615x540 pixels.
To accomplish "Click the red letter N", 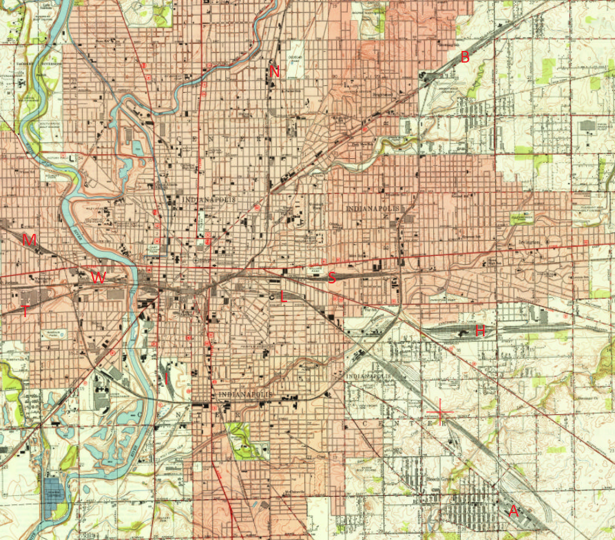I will point(275,71).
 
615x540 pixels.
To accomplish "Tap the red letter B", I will point(465,57).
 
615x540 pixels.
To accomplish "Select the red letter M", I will point(29,240).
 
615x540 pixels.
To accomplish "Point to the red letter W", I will point(98,277).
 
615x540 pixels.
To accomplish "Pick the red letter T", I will point(25,311).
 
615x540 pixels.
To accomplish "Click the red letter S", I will point(331,278).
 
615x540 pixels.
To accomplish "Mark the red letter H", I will point(480,331).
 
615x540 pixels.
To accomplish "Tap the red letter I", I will point(166,378).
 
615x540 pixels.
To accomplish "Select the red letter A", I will point(513,511).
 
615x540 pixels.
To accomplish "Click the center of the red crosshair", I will point(440,413).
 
